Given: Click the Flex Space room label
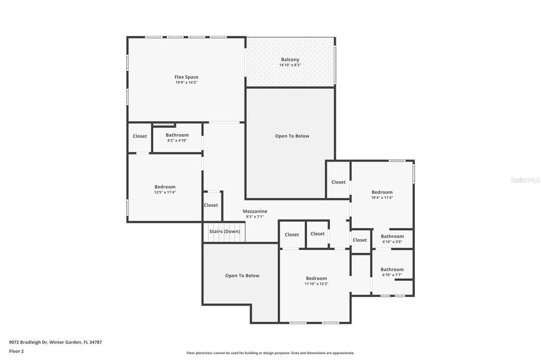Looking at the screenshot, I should pos(186,77).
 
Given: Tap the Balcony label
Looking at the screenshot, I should pos(290,60).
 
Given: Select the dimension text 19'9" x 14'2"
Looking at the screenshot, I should pos(186,83).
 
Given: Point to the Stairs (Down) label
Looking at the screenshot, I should pos(225,231).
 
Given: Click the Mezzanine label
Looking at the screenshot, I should pos(255,211).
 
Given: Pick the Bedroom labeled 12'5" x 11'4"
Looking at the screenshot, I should pos(165,187).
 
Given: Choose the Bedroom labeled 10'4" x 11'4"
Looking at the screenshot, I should pos(381,192).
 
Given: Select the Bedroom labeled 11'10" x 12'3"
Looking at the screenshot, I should pos(316,278).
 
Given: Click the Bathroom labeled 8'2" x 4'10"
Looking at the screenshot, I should pos(177,136).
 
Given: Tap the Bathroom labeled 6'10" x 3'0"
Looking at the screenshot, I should pos(392,236).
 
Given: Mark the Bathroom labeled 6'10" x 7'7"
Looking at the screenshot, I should pos(392,269).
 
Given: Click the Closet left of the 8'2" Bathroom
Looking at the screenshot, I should pos(139,136).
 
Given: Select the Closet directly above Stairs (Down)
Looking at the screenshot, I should pos(211,205).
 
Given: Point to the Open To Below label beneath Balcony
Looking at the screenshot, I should pos(292,136).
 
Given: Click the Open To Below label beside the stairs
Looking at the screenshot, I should pos(242,276).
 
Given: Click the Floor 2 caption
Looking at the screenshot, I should pos(16,351).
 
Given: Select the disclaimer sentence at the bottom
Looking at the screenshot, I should pos(270,353).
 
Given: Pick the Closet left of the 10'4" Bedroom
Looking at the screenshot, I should pos(338,182).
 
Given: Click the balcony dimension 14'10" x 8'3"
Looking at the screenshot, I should pos(290,65).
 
